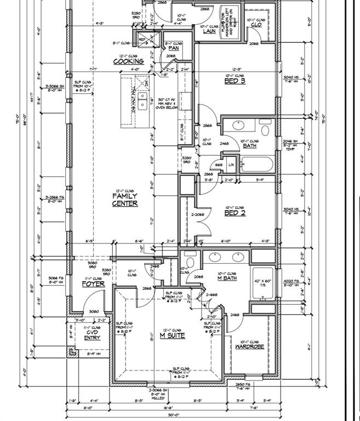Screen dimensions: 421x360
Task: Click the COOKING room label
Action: click(x=128, y=61)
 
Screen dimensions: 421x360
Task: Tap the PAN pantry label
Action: click(x=173, y=48)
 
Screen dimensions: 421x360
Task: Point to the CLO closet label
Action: click(x=255, y=25)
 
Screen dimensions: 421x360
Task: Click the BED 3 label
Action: click(x=235, y=81)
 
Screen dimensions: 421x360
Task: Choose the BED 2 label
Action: click(x=235, y=213)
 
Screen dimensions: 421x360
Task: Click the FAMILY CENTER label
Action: click(x=125, y=200)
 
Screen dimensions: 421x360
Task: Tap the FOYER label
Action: click(x=93, y=284)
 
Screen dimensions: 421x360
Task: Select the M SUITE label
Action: click(x=172, y=335)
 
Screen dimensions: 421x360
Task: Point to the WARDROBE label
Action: click(x=249, y=346)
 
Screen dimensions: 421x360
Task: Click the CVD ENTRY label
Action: click(x=92, y=335)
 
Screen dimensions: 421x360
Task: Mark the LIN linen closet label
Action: click(x=231, y=164)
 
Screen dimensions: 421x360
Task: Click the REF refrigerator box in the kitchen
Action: click(x=142, y=39)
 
